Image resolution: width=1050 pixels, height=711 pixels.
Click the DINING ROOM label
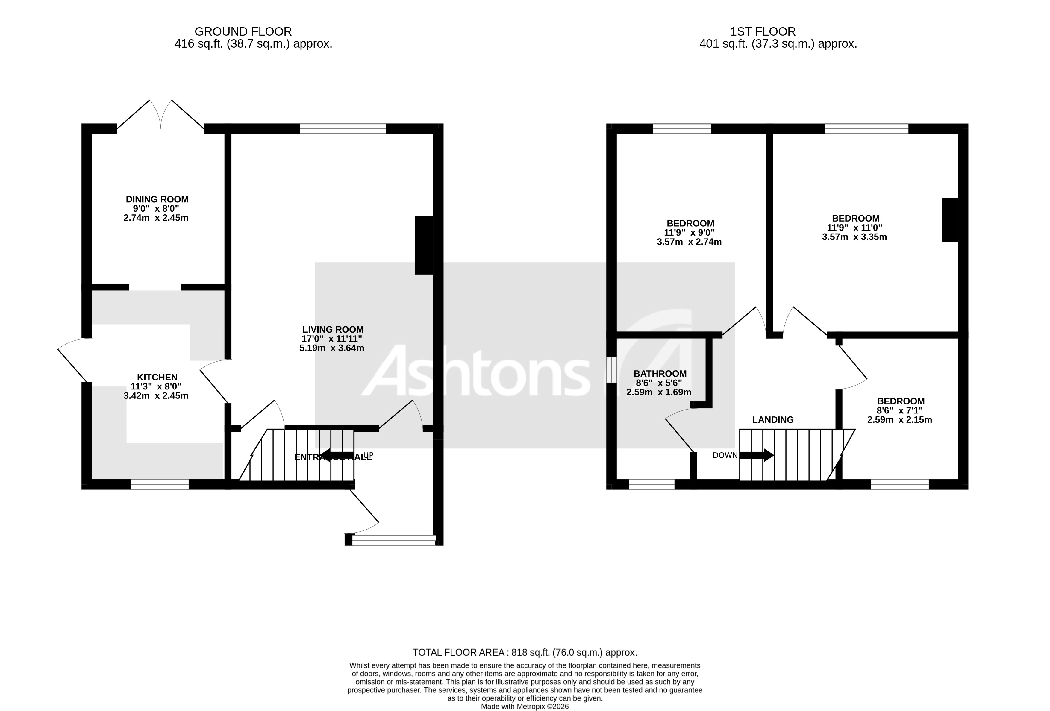click(157, 199)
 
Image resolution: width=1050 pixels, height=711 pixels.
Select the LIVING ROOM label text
click(333, 330)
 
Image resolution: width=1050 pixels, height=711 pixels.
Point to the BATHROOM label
click(660, 374)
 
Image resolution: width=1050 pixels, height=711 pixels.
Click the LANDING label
click(772, 420)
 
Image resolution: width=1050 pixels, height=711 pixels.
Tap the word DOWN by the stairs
click(725, 455)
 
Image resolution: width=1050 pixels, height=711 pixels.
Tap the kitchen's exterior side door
click(73, 360)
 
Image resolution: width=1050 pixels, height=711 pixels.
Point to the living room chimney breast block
click(424, 245)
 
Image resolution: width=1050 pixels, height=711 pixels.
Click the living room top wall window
click(343, 129)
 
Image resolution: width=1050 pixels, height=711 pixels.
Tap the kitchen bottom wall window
click(160, 485)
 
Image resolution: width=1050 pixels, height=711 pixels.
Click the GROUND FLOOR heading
click(243, 32)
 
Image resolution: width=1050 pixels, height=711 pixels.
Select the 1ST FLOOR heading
click(763, 32)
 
